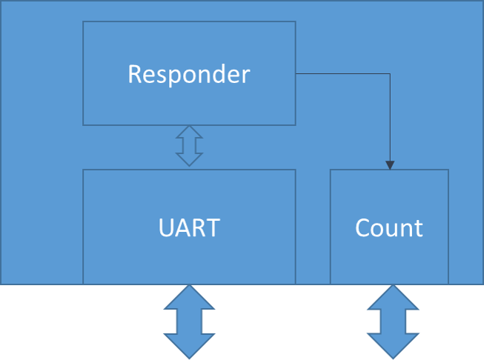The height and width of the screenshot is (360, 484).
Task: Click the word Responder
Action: [x=189, y=74]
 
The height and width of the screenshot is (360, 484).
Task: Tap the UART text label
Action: [x=189, y=227]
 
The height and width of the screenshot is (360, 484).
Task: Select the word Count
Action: [x=389, y=228]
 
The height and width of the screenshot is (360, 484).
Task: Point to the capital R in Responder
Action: [x=135, y=74]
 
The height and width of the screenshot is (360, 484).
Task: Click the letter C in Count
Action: [x=363, y=228]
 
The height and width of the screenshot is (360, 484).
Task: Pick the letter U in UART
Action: [x=167, y=227]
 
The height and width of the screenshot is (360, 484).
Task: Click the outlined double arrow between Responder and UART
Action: [x=189, y=146]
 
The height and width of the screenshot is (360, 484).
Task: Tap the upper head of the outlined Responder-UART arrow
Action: [x=189, y=132]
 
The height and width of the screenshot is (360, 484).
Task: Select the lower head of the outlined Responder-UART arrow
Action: [x=189, y=159]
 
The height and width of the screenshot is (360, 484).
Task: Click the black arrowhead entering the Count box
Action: [x=390, y=165]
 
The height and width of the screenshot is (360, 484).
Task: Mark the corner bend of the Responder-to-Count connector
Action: [x=390, y=74]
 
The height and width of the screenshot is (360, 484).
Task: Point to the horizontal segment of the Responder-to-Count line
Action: [x=343, y=74]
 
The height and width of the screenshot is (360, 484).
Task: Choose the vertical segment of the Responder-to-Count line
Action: [x=390, y=117]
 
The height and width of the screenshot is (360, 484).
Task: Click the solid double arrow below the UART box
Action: [x=189, y=321]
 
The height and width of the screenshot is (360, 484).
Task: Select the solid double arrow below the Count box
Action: [x=393, y=321]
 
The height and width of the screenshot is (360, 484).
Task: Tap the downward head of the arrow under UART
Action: [x=189, y=346]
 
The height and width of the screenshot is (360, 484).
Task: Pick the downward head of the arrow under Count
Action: [x=393, y=346]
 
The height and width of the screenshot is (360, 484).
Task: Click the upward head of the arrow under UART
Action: [x=189, y=297]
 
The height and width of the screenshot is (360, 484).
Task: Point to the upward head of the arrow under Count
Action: [x=393, y=297]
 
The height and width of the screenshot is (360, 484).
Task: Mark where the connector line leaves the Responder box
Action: [x=296, y=74]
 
